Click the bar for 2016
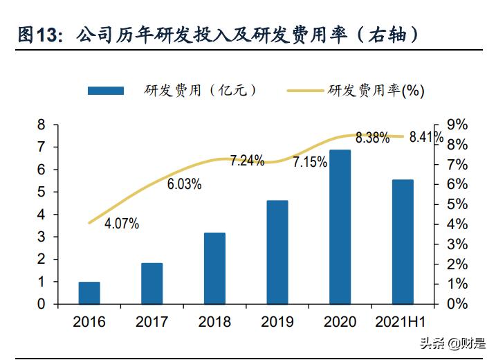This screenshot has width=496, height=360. coord(89,293)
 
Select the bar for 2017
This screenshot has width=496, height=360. coord(151,283)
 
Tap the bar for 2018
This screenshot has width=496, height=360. coord(214,268)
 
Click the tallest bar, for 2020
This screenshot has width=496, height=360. coord(340,226)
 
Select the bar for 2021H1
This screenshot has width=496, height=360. coord(403,242)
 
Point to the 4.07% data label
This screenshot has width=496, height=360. coord(122,224)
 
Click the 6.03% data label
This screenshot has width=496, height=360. coord(184,184)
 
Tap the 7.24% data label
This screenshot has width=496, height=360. coord(247,161)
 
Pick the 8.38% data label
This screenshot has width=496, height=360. coord(372,138)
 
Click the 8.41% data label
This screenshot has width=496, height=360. coord(425,137)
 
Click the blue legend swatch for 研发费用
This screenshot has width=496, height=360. coord(105,91)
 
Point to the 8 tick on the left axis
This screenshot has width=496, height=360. coord(41,125)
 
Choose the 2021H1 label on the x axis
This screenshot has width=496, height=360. coord(403,322)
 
